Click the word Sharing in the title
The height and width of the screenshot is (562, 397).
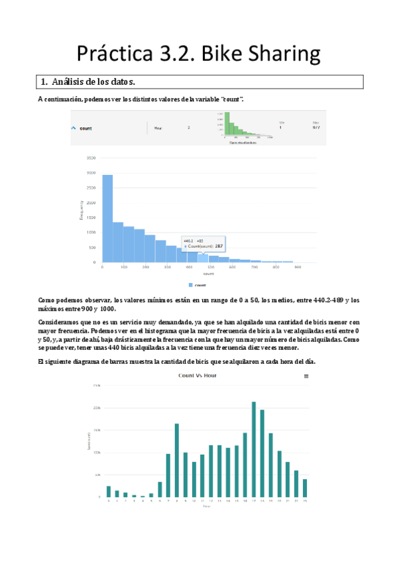283,54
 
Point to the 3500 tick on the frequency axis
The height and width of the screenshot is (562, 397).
92,158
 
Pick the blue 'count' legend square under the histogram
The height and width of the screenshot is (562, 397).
190,284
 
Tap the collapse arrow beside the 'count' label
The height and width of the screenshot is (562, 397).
74,128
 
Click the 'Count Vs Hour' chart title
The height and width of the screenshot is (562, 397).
198,375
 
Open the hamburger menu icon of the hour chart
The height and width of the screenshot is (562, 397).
306,376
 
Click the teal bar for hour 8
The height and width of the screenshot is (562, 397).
177,460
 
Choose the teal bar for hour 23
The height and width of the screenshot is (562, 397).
305,488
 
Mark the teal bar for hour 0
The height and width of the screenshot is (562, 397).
109,491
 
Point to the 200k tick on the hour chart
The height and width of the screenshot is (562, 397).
97,408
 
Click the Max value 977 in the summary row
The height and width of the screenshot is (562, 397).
315,129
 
